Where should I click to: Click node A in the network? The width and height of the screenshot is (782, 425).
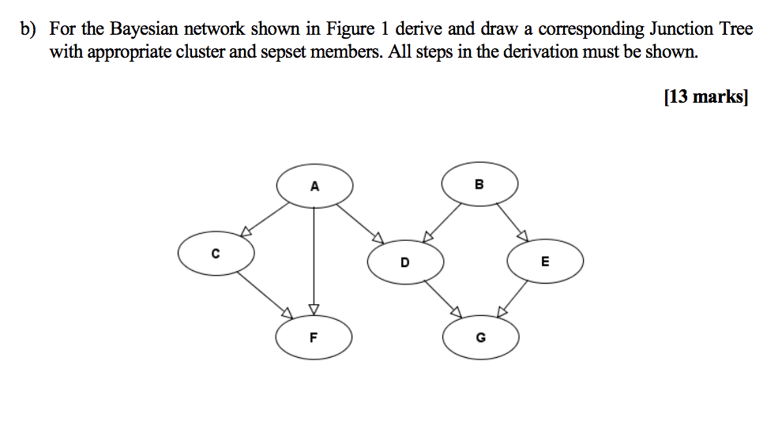314,186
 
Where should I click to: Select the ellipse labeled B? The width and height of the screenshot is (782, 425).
479,185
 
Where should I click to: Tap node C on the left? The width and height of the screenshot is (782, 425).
216,254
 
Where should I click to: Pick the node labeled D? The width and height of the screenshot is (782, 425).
405,261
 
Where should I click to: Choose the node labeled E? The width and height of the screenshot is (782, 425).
545,261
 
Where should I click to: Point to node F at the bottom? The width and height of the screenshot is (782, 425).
314,337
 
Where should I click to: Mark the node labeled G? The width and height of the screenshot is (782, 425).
481,338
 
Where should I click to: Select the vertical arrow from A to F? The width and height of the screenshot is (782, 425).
314,261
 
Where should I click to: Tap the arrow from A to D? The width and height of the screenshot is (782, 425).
360,223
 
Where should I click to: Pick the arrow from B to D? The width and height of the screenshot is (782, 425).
444,221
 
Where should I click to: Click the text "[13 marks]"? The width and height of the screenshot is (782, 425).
705,97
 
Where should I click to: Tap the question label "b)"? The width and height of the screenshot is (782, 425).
29,29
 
